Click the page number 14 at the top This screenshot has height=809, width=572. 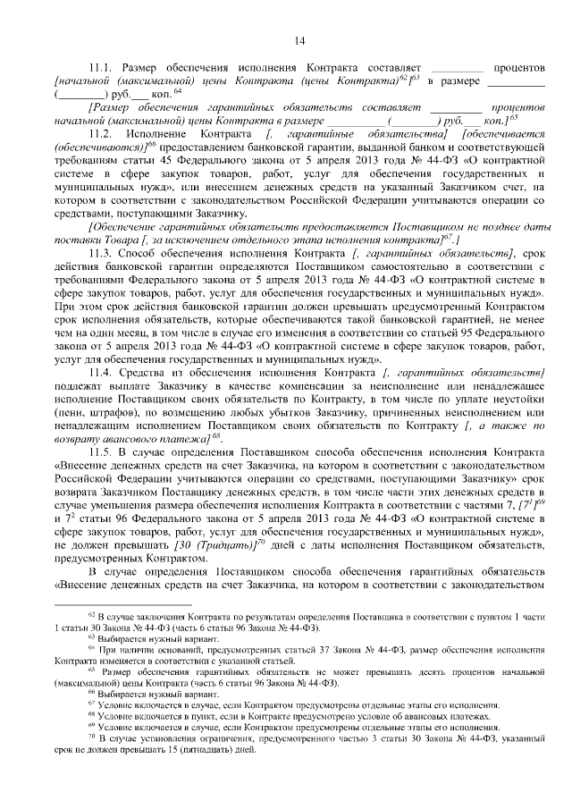(x=299, y=38)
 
